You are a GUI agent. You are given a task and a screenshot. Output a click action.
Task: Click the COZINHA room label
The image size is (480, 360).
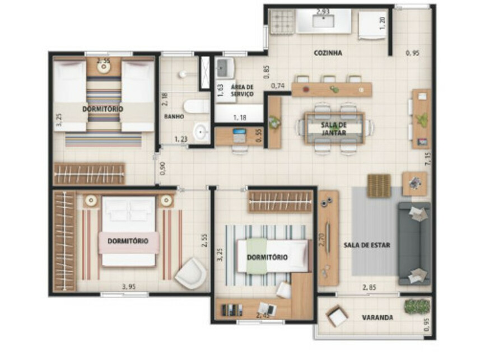pos(328,53)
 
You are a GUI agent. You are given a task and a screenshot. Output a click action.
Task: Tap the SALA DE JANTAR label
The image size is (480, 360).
pos(334,129)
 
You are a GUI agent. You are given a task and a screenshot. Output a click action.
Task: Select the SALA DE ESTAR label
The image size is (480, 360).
pos(367,245)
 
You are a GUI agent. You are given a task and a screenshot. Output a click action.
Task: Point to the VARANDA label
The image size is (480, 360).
pos(377,317)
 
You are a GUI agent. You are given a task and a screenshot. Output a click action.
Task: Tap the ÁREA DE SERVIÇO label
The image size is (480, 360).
pos(242,90)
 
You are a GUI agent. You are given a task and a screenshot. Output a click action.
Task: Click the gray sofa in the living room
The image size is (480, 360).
pos(414,244)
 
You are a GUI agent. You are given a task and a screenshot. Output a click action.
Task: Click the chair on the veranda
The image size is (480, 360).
pos(337,317)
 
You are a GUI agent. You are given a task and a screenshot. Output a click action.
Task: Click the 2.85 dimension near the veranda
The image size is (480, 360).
pos(369,288)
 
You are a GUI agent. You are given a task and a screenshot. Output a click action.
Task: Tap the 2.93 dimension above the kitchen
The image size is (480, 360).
pos(323,11)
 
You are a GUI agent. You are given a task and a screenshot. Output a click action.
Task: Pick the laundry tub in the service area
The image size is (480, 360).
pos(226,68)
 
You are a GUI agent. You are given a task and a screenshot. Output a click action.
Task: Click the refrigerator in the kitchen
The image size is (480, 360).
pos(370,25)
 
